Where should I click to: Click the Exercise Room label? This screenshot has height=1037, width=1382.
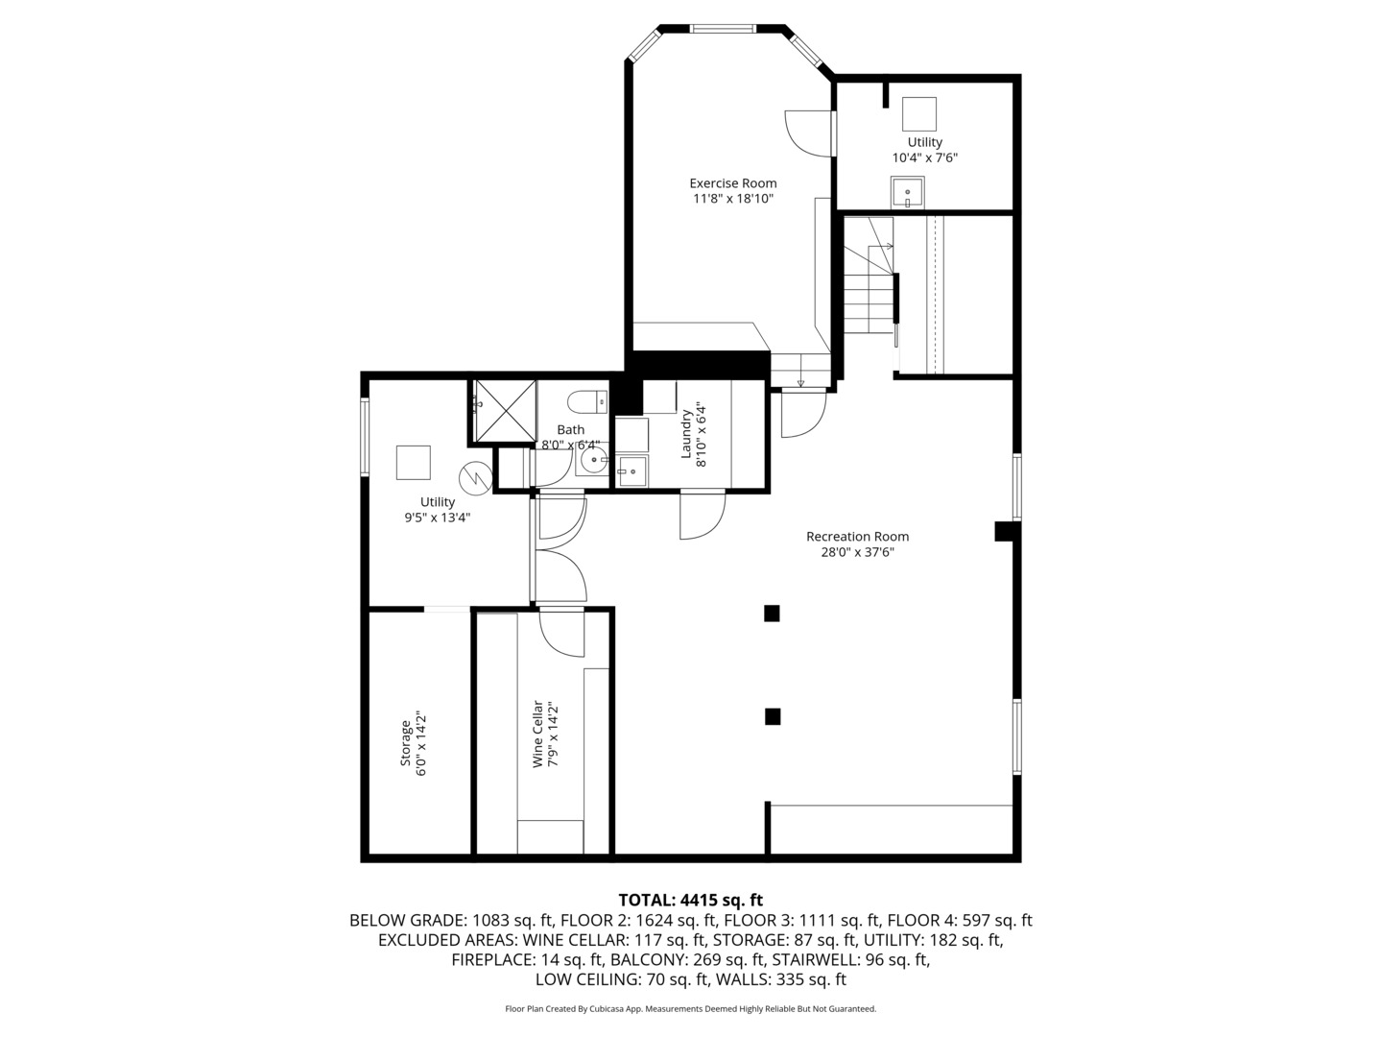(x=733, y=183)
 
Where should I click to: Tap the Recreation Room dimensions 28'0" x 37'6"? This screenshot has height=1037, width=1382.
(x=857, y=552)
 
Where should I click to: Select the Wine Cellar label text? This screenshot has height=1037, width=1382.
(x=538, y=734)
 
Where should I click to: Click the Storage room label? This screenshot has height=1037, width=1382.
(x=406, y=742)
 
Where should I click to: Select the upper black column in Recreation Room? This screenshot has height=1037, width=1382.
(x=772, y=614)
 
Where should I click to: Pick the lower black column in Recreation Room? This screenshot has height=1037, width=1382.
(x=772, y=716)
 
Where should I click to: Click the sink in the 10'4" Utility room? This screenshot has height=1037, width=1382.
(x=907, y=193)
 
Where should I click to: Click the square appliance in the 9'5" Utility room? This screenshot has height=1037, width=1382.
(x=415, y=462)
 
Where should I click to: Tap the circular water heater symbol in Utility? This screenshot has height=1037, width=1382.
(x=474, y=476)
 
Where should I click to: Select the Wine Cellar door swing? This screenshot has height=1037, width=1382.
(x=561, y=634)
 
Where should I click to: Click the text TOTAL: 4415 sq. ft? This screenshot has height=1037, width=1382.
(x=690, y=900)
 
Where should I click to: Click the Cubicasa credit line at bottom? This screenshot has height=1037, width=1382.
(x=690, y=1009)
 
